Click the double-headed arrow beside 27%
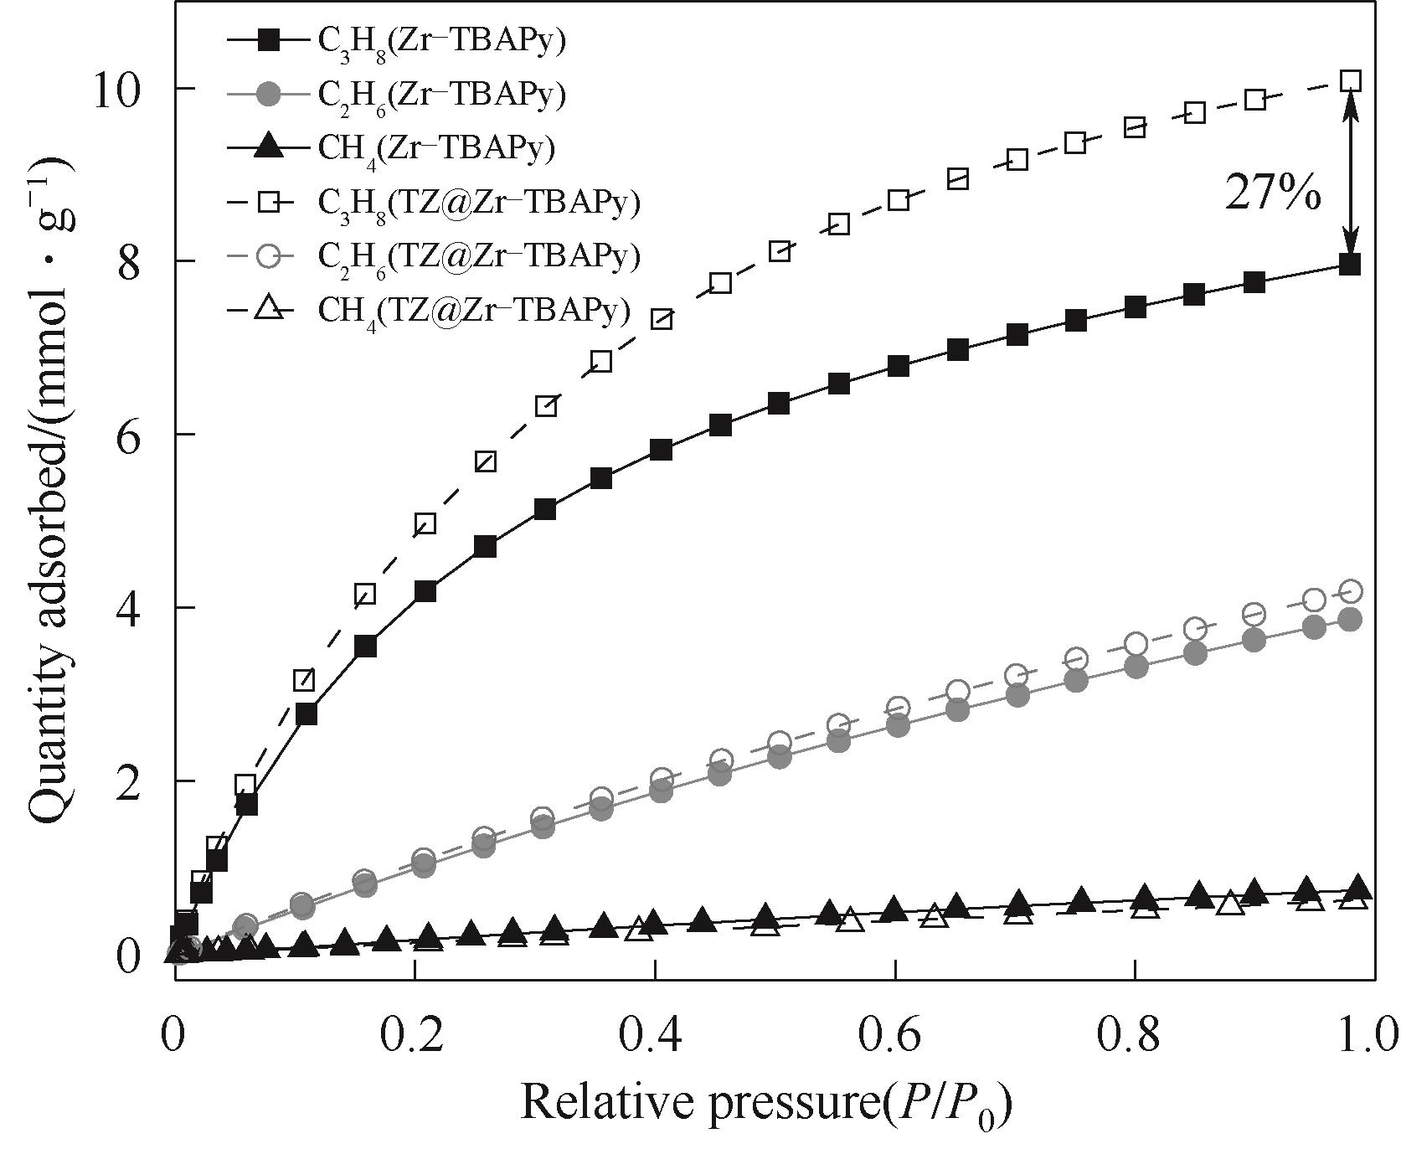(1350, 172)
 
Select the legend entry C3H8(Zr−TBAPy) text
(441, 40)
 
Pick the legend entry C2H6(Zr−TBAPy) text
(441, 94)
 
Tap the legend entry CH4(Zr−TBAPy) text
(436, 148)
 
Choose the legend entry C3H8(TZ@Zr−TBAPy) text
(478, 202)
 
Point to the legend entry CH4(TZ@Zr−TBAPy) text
(473, 310)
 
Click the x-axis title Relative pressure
(766, 1104)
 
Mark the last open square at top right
(1350, 81)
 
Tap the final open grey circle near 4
(1350, 592)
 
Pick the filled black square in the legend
(267, 39)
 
